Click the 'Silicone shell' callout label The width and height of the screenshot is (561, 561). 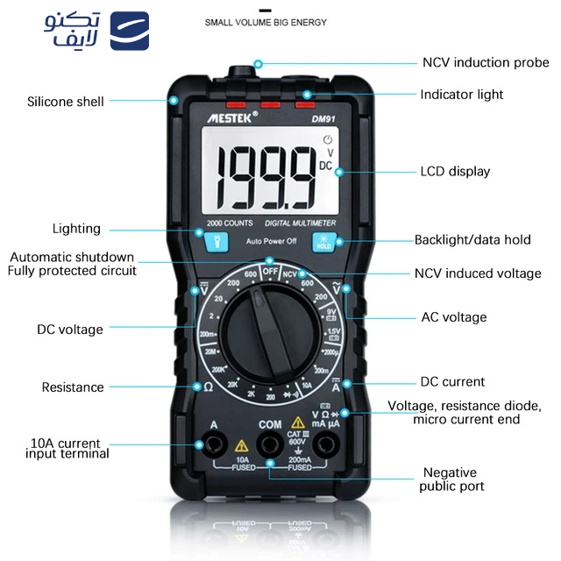pos(65,102)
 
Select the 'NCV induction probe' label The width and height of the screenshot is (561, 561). pos(486,62)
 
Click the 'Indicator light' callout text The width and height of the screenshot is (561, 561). pos(462,94)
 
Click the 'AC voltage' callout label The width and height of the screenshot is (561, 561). pos(453,316)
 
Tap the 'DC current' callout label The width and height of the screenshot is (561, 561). pos(452,382)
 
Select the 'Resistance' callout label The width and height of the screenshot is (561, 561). pos(73,387)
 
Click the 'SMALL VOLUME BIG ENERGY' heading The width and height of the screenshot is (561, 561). pos(265,22)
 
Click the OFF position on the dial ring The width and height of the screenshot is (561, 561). pos(269,270)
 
